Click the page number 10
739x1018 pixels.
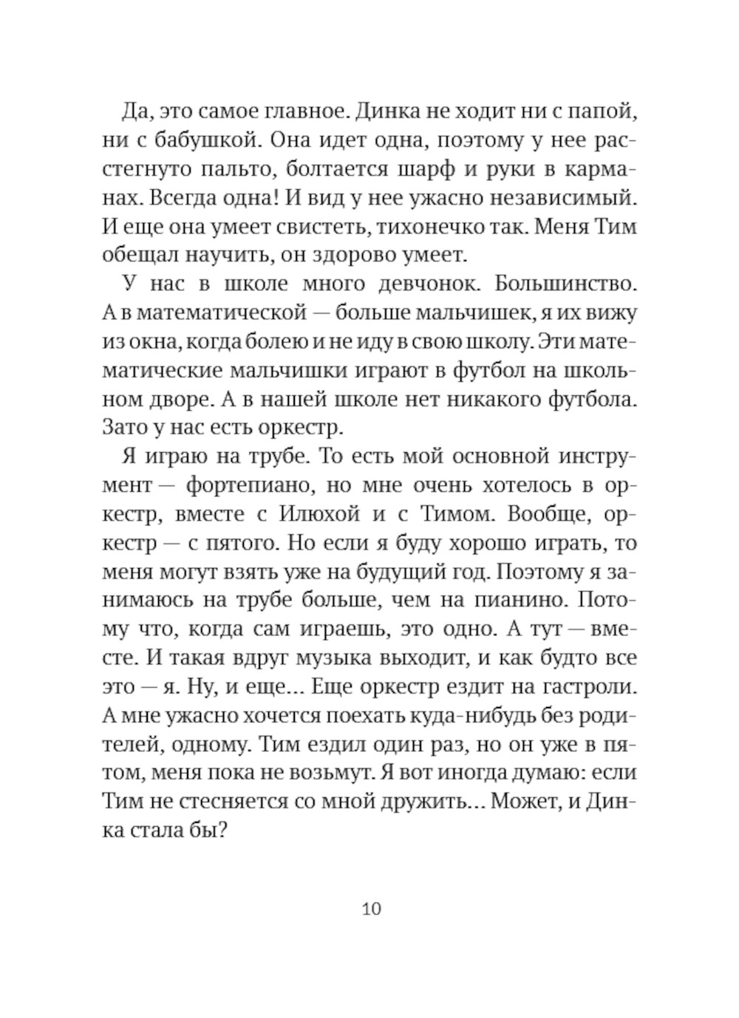tap(372, 908)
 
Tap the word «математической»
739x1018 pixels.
tap(219, 312)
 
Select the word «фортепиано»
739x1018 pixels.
tap(236, 485)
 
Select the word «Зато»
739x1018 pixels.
tap(126, 428)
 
